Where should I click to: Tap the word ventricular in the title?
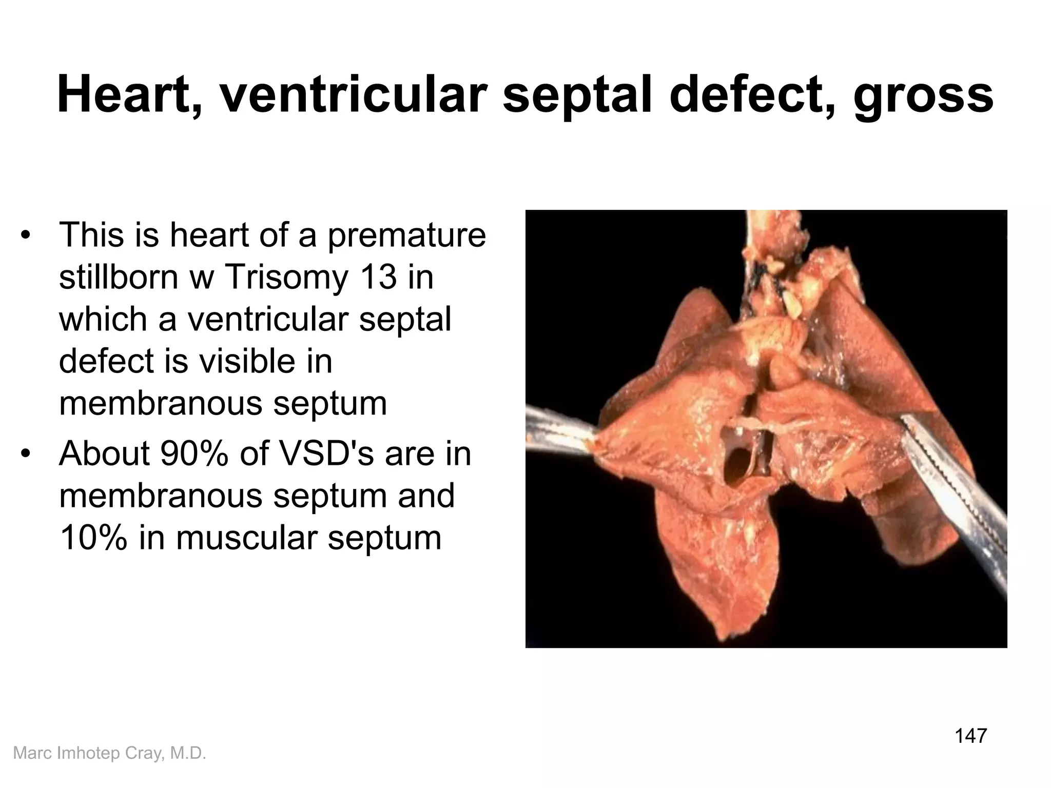[x=353, y=96]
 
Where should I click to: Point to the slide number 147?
[x=970, y=736]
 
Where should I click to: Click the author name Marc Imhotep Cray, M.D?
[x=109, y=753]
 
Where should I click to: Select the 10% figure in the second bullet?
[x=92, y=538]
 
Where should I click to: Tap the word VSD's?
[x=325, y=454]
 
